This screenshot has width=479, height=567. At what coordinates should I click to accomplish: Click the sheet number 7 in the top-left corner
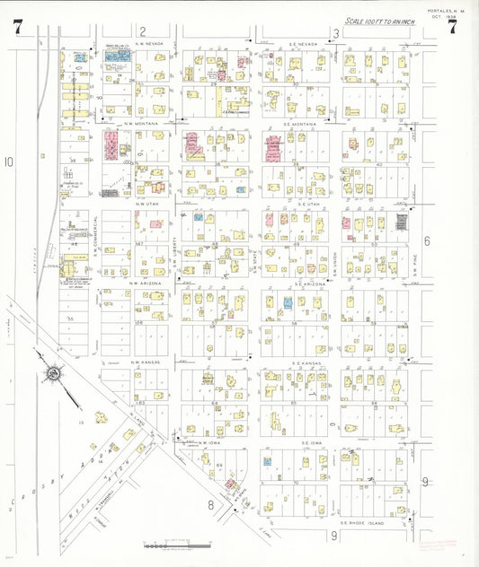pyautogui.click(x=18, y=26)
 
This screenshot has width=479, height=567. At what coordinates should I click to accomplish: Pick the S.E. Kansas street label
pyautogui.click(x=306, y=363)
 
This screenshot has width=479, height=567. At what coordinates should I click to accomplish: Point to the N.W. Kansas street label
pyautogui.click(x=146, y=363)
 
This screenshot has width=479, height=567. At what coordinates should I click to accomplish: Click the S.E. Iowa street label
pyautogui.click(x=312, y=442)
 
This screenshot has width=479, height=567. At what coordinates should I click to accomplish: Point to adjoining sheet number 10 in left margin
pyautogui.click(x=9, y=162)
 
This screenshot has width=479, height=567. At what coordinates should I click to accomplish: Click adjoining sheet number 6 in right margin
pyautogui.click(x=427, y=240)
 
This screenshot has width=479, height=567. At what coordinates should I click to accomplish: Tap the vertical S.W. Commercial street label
pyautogui.click(x=95, y=233)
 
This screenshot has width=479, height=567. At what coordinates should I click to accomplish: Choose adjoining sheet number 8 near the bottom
pyautogui.click(x=212, y=504)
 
